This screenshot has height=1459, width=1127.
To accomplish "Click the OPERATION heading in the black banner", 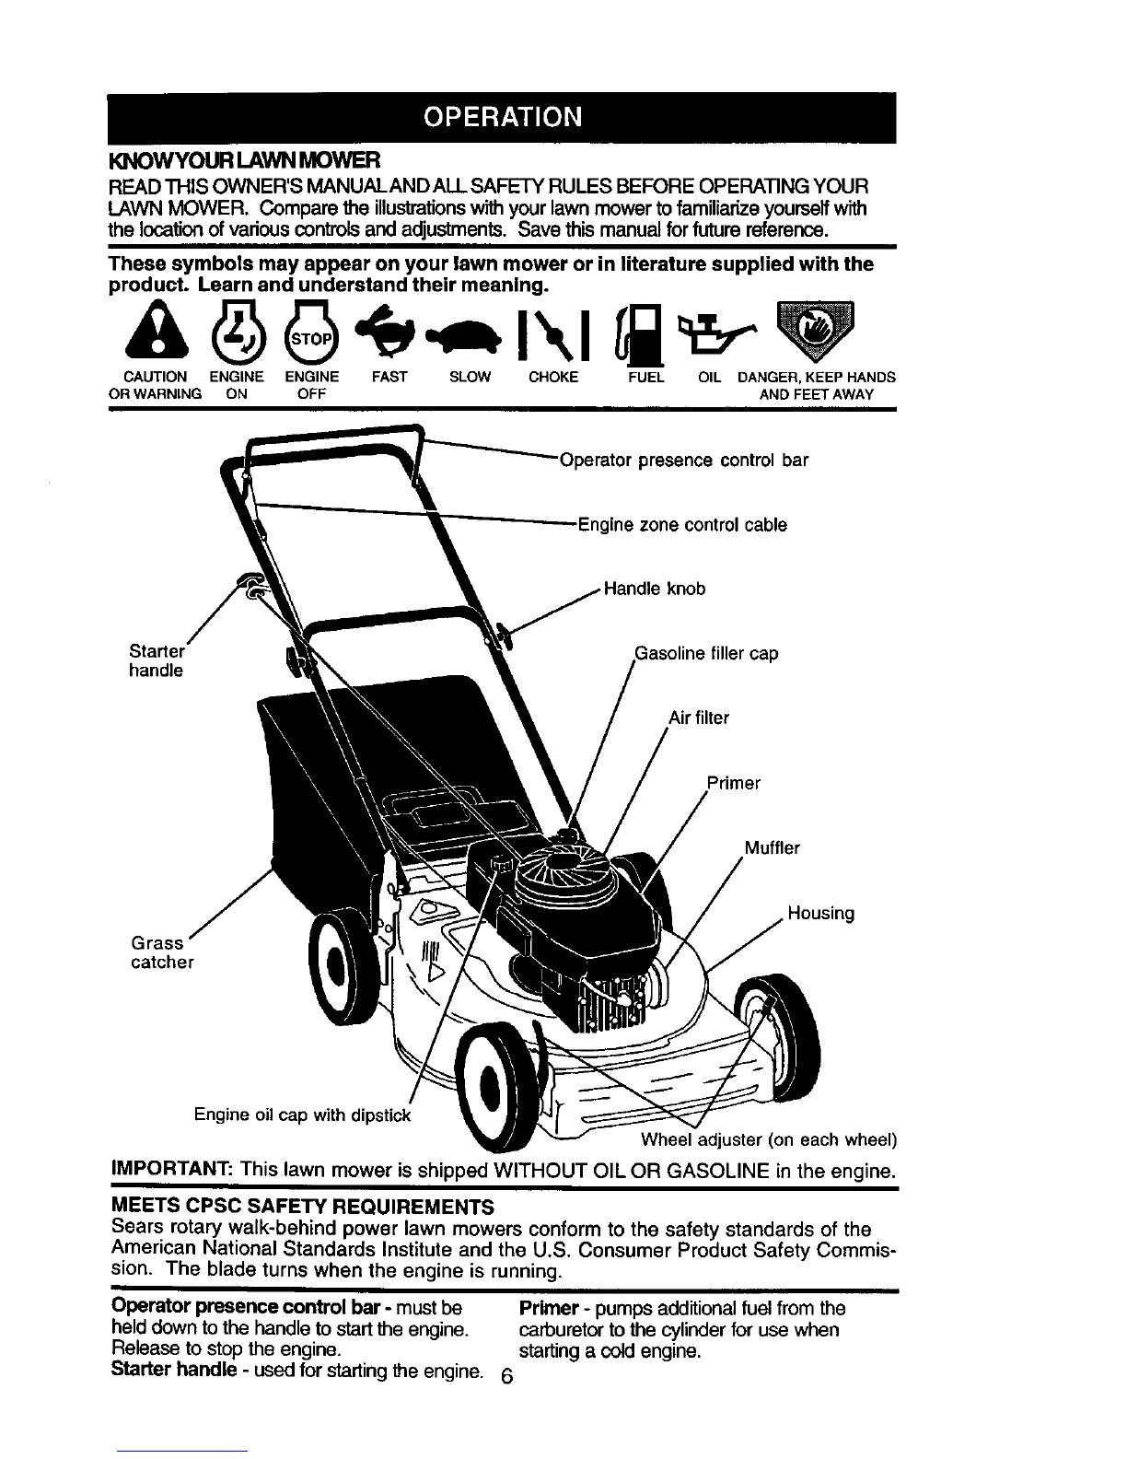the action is [502, 117].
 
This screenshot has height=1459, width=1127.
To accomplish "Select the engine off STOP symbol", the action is [311, 333].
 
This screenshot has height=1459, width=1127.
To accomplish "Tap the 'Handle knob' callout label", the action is [655, 589].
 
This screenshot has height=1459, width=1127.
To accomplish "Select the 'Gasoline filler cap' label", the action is [706, 653].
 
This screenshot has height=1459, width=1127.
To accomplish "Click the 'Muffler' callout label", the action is [772, 848].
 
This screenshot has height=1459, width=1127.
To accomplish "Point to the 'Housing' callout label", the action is [821, 913].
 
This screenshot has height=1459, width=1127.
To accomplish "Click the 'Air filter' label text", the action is [699, 718].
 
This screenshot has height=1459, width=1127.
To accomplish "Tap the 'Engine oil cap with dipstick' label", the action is [302, 1115].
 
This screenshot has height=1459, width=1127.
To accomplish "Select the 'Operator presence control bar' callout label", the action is [684, 460].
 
